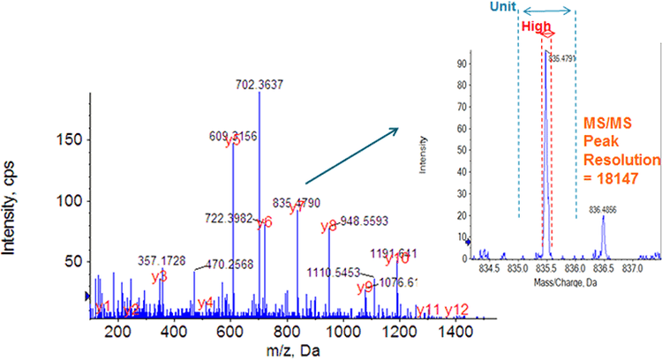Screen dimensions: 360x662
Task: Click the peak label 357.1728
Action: [162, 261]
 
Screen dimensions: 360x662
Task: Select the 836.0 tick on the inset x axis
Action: [575, 266]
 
